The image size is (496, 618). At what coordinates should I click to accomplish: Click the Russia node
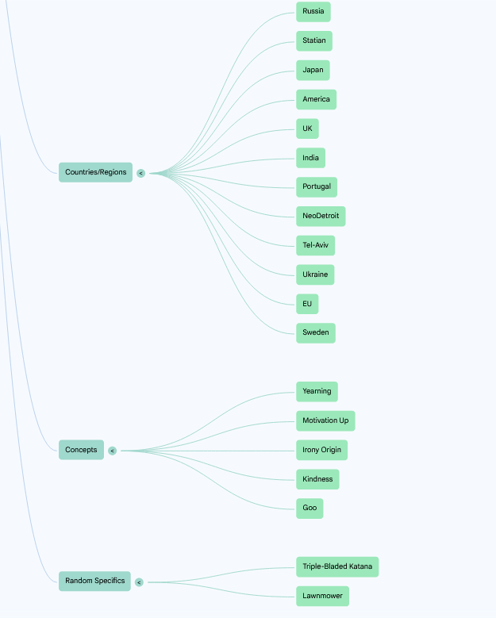313,12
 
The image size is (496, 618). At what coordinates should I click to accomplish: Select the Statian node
314,41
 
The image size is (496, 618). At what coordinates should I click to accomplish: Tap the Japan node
313,70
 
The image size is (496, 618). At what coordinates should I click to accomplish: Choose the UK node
307,129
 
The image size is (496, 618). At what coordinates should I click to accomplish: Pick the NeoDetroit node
321,217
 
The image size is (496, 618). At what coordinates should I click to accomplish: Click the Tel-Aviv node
315,246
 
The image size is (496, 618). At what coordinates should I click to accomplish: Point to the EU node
307,304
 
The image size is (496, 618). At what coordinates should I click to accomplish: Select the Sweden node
315,333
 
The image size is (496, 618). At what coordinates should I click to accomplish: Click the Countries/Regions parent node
95,172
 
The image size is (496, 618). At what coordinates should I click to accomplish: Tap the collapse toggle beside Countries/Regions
140,173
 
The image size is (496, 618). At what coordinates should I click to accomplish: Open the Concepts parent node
81,450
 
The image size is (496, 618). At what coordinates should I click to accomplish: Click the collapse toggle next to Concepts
113,451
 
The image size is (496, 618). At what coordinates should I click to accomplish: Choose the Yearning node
317,392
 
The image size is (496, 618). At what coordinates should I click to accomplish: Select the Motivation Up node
325,421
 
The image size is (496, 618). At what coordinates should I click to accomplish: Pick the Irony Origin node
321,450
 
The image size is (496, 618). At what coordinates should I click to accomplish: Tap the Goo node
310,509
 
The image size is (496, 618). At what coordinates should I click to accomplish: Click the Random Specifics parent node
94,582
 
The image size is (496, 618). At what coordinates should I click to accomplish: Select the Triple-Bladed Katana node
337,566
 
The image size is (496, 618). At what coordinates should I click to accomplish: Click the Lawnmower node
322,596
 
